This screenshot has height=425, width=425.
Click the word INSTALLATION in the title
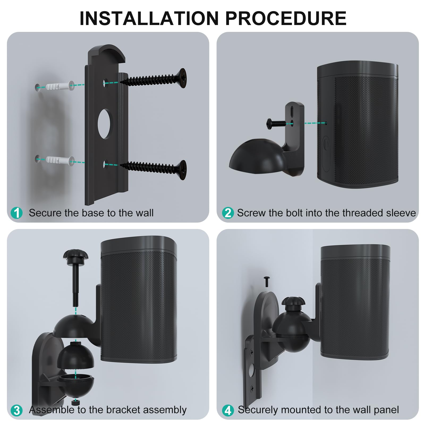(x=149, y=18)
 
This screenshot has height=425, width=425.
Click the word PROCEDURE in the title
(x=286, y=18)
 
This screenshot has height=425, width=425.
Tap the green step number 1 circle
(x=17, y=213)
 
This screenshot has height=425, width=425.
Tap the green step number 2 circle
(x=228, y=213)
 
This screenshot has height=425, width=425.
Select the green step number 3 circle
(x=17, y=410)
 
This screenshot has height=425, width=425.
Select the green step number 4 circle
(x=228, y=410)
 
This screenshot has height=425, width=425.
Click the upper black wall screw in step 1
(x=153, y=79)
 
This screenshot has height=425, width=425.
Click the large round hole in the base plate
(x=105, y=124)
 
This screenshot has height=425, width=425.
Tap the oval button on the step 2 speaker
(x=326, y=154)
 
